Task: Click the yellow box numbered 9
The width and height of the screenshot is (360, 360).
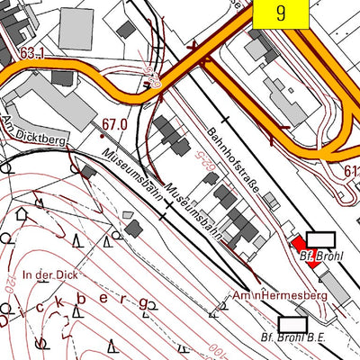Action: pyautogui.click(x=281, y=13)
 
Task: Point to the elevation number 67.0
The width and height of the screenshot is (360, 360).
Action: pyautogui.click(x=114, y=123)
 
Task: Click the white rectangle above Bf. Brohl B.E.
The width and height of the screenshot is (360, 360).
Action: pyautogui.click(x=292, y=323)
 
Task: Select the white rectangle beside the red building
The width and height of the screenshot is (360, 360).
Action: pyautogui.click(x=320, y=239)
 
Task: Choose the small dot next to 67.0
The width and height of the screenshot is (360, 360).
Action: pyautogui.click(x=102, y=135)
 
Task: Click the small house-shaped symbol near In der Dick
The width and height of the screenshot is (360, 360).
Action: pyautogui.click(x=22, y=214)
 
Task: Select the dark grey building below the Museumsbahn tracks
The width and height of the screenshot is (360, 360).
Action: pyautogui.click(x=133, y=228)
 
